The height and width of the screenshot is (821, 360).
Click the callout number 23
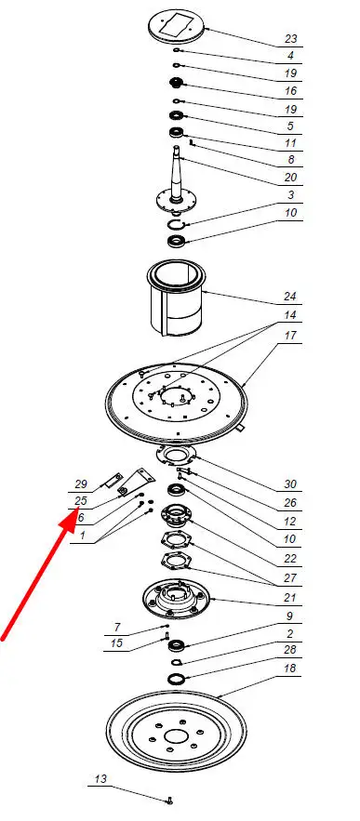pyautogui.click(x=291, y=39)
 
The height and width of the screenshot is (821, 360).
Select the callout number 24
pyautogui.click(x=290, y=297)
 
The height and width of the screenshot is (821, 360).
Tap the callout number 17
pyautogui.click(x=291, y=335)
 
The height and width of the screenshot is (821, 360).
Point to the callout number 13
pyautogui.click(x=100, y=778)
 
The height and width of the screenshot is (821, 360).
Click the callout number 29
pyautogui.click(x=81, y=484)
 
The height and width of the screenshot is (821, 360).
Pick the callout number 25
pyautogui.click(x=81, y=501)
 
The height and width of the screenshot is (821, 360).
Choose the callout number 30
pyautogui.click(x=290, y=483)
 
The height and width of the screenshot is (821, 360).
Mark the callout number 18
pyautogui.click(x=290, y=669)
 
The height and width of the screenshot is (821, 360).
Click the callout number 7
pyautogui.click(x=118, y=627)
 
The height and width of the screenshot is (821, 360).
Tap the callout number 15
pyautogui.click(x=117, y=643)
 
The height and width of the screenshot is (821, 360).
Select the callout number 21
pyautogui.click(x=290, y=598)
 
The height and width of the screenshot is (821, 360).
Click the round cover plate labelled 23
pyautogui.click(x=177, y=25)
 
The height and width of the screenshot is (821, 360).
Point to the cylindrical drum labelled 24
pyautogui.click(x=175, y=299)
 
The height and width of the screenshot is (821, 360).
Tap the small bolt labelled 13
pyautogui.click(x=168, y=801)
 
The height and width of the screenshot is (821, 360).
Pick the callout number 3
pyautogui.click(x=291, y=195)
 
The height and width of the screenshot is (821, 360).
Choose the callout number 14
pyautogui.click(x=290, y=315)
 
